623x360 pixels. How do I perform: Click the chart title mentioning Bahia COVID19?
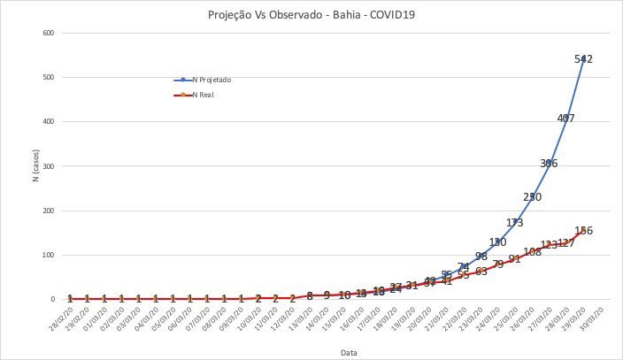tap(311, 15)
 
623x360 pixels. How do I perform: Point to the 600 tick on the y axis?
tap(48, 34)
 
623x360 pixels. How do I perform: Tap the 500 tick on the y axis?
tap(48, 78)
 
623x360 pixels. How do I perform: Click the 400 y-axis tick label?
tap(48, 122)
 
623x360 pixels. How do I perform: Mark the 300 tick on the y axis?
tap(48, 166)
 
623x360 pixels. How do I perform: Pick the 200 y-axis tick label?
tap(48, 211)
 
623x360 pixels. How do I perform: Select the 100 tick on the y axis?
tap(48, 255)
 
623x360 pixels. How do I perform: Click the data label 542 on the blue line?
tap(583, 59)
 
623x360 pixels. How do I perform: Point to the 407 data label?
tap(566, 119)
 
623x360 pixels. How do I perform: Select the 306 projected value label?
tap(549, 164)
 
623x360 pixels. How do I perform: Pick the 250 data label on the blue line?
tap(532, 197)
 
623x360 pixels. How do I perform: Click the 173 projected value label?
tap(514, 223)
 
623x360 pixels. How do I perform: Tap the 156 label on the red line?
tap(583, 231)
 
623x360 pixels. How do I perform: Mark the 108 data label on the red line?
tap(532, 252)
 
